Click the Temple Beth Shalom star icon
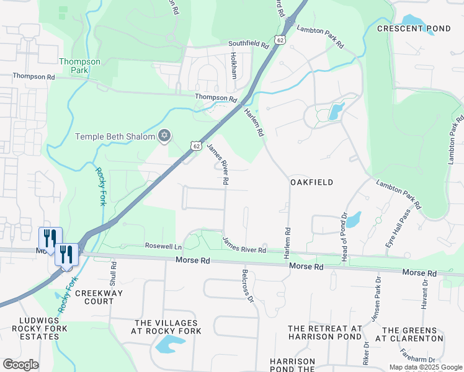click(x=164, y=136)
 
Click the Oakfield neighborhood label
click(x=311, y=182)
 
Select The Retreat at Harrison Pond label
click(x=324, y=332)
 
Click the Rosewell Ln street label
click(x=163, y=246)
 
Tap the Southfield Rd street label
click(x=248, y=44)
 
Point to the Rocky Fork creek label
click(x=100, y=185)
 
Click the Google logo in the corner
click(x=21, y=365)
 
